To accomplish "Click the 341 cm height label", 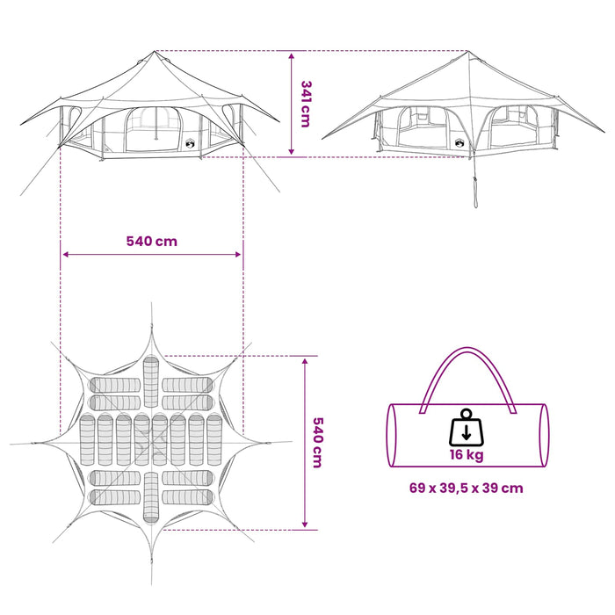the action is [x=306, y=104].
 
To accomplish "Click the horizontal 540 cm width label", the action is [x=152, y=241].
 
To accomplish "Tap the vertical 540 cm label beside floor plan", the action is [x=317, y=443].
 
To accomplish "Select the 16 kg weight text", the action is [x=467, y=454].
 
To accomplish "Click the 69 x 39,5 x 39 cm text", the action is [x=467, y=488].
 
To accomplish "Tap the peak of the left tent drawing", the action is [x=155, y=51].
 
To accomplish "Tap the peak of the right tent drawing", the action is [x=467, y=51].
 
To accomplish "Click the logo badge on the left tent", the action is [x=190, y=144].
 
